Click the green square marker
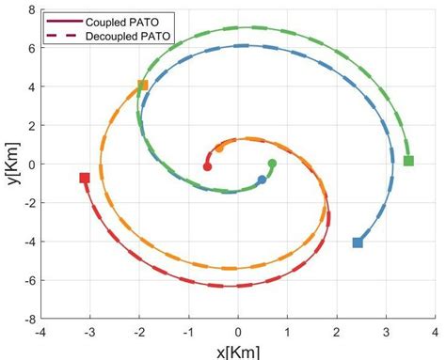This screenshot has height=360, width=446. (x=408, y=161)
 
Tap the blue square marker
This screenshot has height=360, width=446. (x=358, y=243)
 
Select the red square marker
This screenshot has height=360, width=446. (x=85, y=178)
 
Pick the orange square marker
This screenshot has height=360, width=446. (x=143, y=86)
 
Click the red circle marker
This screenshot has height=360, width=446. (x=208, y=166)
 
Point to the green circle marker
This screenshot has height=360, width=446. (x=272, y=164)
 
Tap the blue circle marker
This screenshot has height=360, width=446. (x=262, y=180)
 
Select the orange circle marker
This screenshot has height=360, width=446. (x=219, y=149)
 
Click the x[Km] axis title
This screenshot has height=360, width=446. (x=237, y=352)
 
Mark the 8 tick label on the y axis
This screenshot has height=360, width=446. (x=31, y=8)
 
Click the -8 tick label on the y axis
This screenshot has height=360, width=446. (x=29, y=320)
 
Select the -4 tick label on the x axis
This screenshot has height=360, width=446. (x=40, y=332)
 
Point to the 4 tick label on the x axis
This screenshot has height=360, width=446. (x=434, y=332)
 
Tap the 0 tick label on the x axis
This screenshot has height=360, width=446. (x=238, y=332)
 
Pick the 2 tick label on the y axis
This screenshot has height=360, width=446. (x=31, y=125)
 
